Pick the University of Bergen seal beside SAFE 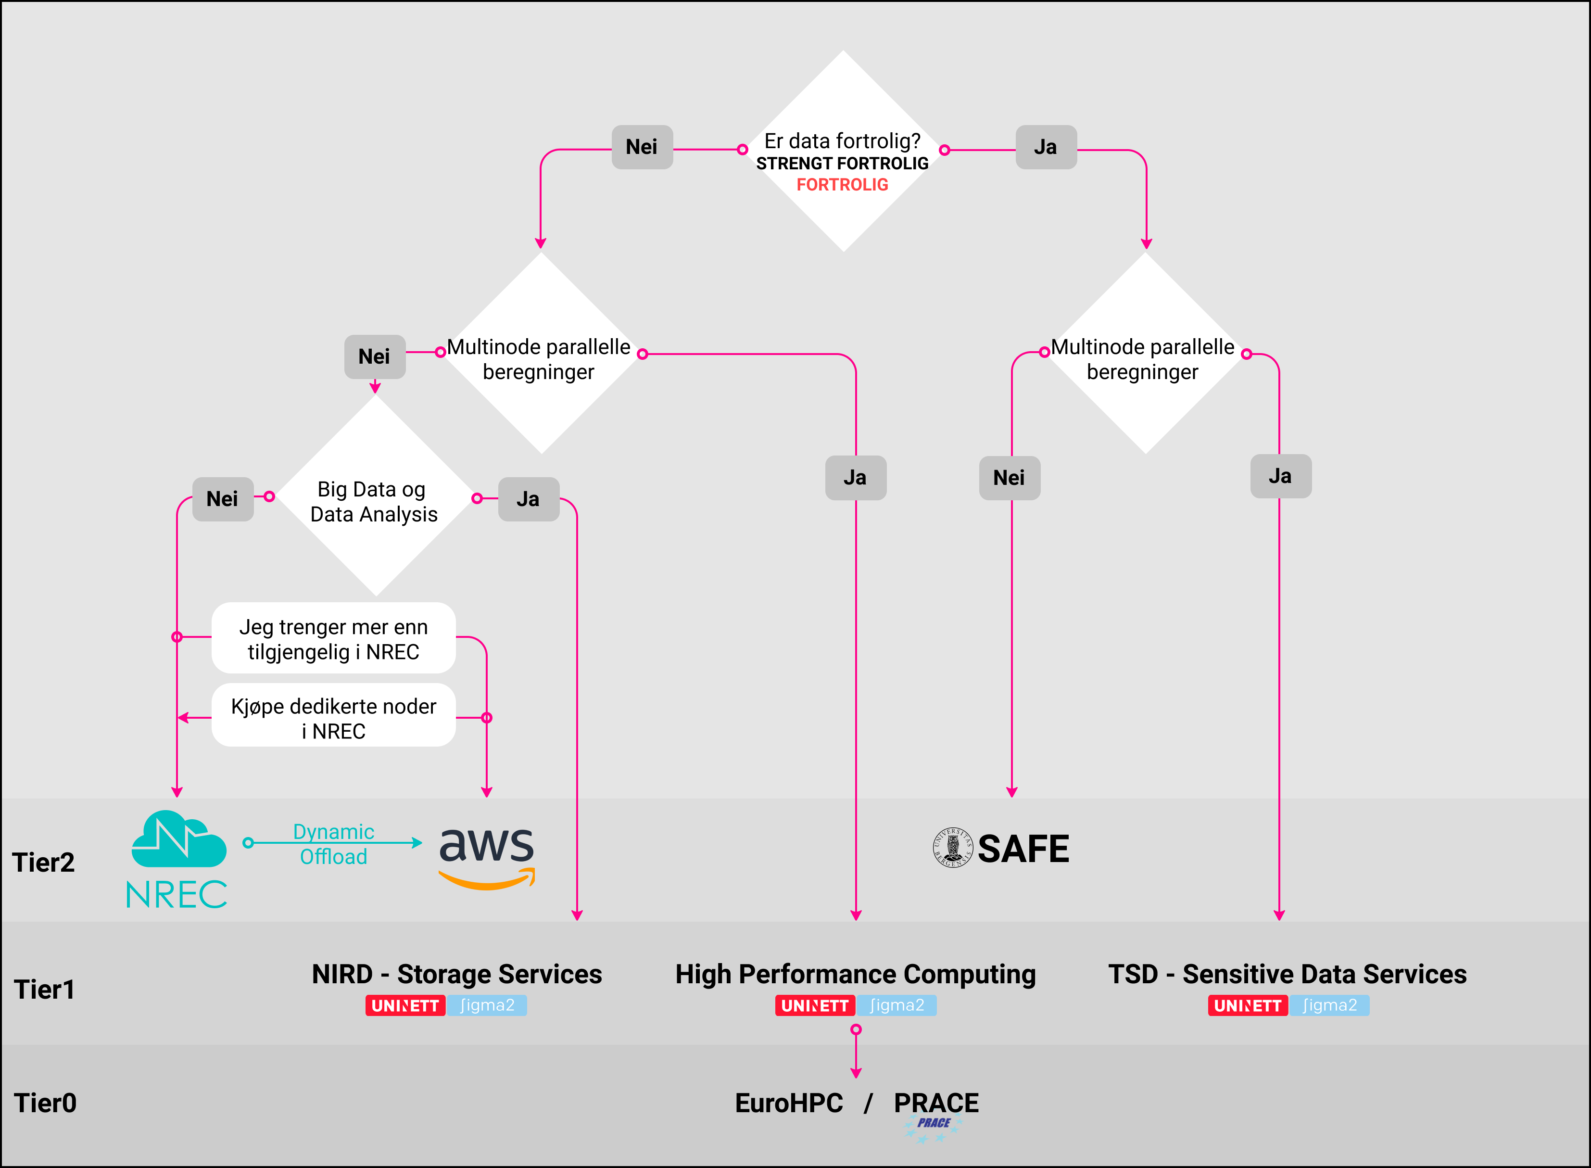[x=952, y=847]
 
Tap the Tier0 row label [x=45, y=1103]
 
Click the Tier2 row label [x=43, y=862]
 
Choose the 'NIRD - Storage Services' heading [x=456, y=974]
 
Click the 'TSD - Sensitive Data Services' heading [x=1287, y=974]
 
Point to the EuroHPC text [x=789, y=1103]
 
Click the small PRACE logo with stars [x=933, y=1128]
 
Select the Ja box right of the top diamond [x=1045, y=147]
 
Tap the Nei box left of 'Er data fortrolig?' [x=642, y=147]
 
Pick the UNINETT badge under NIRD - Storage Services [x=405, y=1005]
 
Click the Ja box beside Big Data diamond [x=528, y=499]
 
